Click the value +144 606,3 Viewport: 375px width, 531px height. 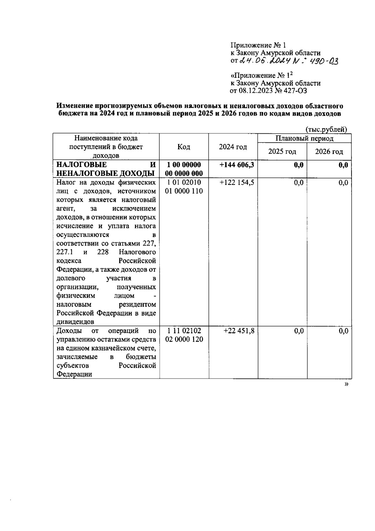tap(237, 165)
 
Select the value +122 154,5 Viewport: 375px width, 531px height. tap(237, 182)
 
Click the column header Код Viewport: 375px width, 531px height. tap(184, 147)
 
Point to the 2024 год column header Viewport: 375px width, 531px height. tap(233, 147)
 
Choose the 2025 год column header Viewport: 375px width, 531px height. tap(282, 152)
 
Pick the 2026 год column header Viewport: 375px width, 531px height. tap(329, 152)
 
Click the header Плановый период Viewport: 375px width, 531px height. tap(304, 138)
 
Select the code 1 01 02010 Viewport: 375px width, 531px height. tap(184, 182)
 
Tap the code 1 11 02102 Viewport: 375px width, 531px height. tap(184, 331)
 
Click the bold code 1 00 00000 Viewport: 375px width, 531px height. tap(184, 165)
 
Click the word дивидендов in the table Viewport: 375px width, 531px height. tap(75, 322)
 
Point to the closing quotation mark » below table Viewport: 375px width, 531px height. tap(346, 385)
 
